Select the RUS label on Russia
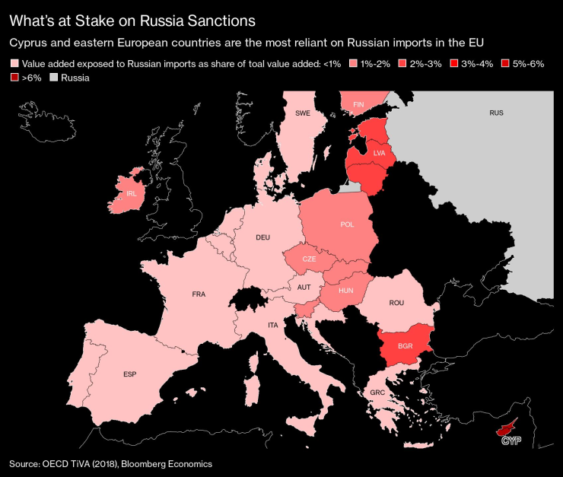point(497,113)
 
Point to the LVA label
point(380,153)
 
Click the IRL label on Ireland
point(132,194)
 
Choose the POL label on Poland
point(347,225)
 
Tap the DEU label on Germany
point(262,237)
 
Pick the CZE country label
point(309,259)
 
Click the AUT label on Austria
point(304,287)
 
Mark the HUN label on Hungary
point(345,291)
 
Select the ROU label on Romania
point(396,303)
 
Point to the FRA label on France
point(199,294)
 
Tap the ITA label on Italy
point(272,325)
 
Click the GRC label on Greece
point(378,393)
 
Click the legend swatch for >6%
point(14,78)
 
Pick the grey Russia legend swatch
point(53,78)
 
